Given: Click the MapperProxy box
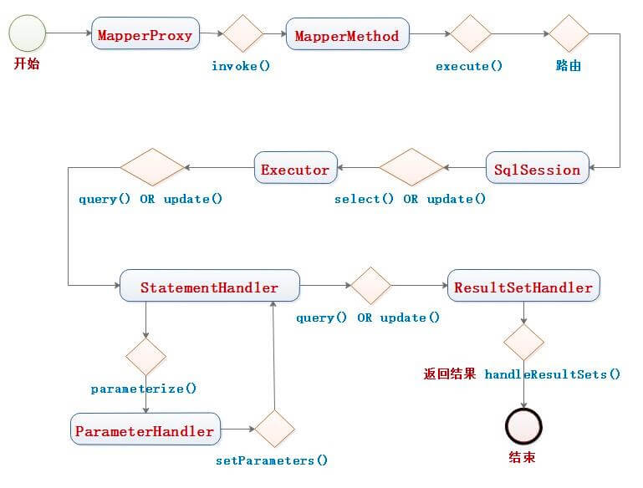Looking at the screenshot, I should click(145, 35).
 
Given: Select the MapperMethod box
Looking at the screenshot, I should click(347, 35).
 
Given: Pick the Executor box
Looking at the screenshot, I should click(295, 170).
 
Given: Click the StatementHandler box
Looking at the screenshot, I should click(209, 287).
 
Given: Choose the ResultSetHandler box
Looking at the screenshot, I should click(523, 287).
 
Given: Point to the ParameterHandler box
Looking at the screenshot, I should click(145, 431).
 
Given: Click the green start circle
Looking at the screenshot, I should click(26, 35).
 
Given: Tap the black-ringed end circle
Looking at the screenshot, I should click(524, 428).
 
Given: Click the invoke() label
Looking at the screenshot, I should click(241, 65).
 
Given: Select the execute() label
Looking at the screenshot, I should click(469, 65).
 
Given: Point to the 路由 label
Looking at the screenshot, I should click(569, 65).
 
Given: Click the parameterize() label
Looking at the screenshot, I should click(144, 389).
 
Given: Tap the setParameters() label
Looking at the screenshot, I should click(272, 460).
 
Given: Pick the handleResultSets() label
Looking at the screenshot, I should click(553, 374).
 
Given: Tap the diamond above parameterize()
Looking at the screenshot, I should click(145, 357).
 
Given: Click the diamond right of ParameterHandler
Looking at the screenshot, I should click(275, 430).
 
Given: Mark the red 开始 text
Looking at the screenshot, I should click(27, 65).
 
